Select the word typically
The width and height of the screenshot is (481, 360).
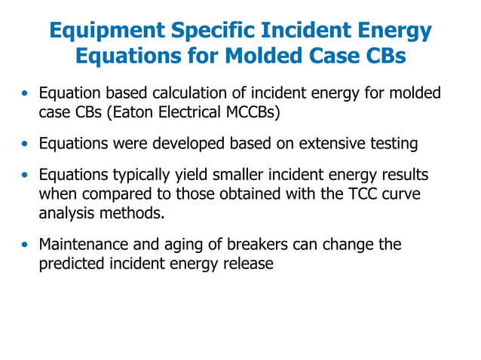coord(133,175)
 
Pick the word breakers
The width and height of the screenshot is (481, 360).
coord(256,245)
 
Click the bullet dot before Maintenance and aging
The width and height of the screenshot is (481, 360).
coord(26,246)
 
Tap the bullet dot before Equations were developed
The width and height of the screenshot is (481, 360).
coord(26,144)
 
